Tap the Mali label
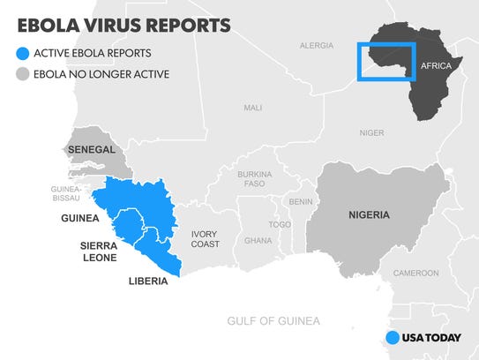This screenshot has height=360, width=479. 253,108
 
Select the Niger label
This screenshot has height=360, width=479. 371,132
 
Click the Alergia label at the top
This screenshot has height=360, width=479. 317,45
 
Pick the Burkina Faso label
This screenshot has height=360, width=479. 255,180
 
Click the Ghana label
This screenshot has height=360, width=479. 258,240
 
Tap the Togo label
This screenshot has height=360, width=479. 280,224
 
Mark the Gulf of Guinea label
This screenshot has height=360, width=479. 273,321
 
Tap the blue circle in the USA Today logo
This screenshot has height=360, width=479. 393,337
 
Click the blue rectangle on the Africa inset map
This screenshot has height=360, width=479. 385,61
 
